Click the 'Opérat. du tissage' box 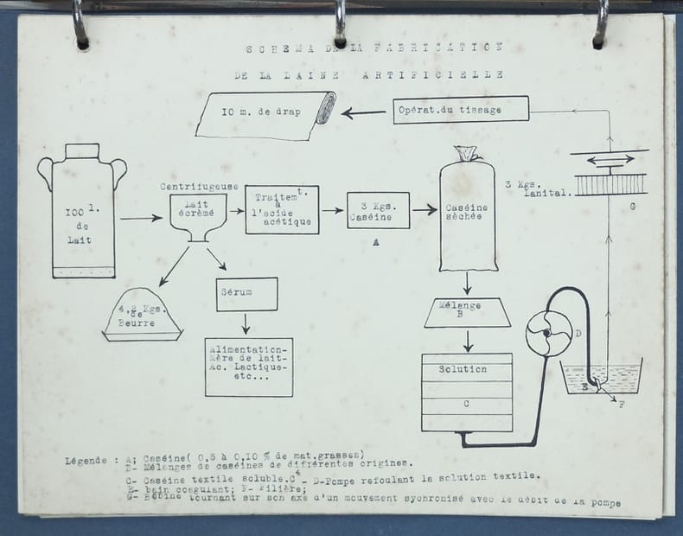pos(448,110)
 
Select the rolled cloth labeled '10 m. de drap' pos(265,114)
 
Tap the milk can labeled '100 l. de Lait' pos(82,216)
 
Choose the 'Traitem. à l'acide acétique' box pos(281,209)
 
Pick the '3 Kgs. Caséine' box pos(378,210)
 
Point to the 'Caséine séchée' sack pos(467,212)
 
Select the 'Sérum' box pos(246,294)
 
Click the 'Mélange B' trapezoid pos(468,312)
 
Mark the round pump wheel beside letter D pos(548,331)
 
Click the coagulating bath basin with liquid pos(602,378)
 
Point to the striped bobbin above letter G pos(610,183)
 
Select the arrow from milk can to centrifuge pos(140,218)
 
